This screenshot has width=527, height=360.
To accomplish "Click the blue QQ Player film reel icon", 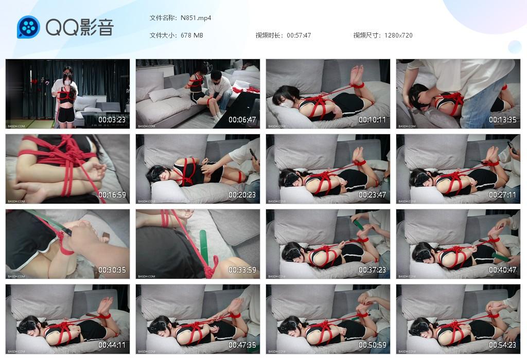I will coord(28,27).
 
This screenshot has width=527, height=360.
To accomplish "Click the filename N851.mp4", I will coord(196,18).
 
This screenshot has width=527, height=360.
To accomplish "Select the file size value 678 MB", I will coord(192,35).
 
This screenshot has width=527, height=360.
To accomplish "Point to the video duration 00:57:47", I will coord(299,35).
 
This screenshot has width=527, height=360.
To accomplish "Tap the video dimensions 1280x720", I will coord(398,35).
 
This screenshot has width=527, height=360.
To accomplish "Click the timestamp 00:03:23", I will coord(112,120).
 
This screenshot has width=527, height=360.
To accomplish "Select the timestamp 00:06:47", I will coord(242,120).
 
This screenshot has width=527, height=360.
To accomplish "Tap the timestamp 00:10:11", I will coord(373,120).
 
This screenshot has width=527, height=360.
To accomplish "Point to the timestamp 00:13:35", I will coord(503,120).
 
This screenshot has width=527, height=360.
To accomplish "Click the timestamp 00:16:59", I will coord(112,195).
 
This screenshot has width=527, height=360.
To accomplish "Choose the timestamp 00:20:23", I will coord(242,195).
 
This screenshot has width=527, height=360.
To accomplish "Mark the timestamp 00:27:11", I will coord(503,195).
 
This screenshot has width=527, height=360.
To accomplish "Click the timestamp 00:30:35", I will coord(112,270).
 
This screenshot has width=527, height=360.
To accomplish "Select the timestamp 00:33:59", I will coord(242,270).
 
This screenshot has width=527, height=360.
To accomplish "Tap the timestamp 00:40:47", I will coord(503,270).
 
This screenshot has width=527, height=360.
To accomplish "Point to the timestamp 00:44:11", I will coord(112,345).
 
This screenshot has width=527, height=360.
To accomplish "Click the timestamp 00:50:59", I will coord(373,345).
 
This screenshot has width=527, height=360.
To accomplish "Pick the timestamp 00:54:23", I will coord(503,345).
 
